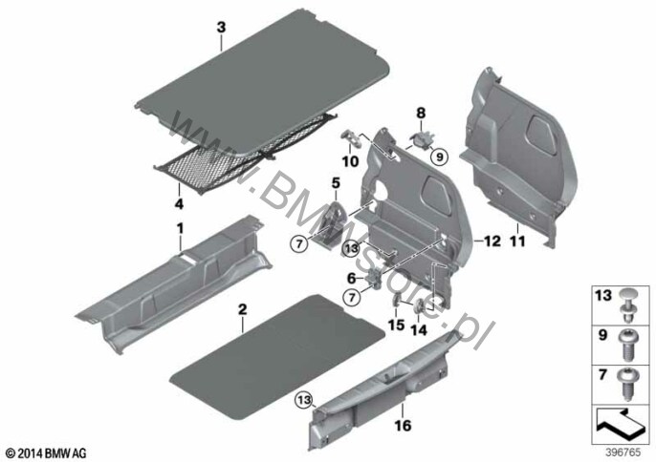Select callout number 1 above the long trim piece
click(178, 227)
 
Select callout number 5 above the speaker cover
click(336, 181)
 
